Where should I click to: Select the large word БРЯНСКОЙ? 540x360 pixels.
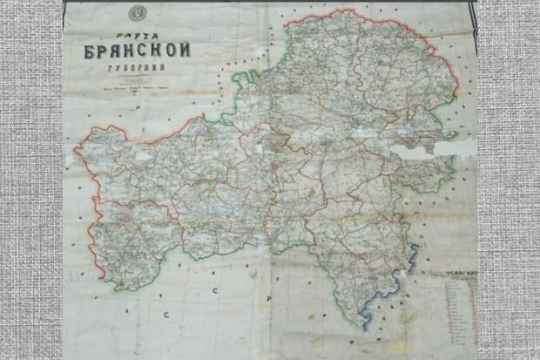coord(138,50)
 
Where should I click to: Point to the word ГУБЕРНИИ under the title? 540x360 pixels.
coord(138,69)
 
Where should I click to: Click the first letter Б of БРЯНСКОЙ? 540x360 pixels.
coord(90,51)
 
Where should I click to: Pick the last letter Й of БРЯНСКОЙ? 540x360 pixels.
coord(185,49)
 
